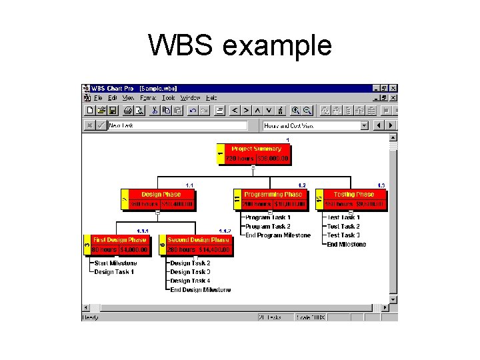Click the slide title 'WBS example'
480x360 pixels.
point(240,45)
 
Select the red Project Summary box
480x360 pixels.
point(257,154)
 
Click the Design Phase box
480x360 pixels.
point(161,199)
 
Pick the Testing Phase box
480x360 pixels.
point(353,199)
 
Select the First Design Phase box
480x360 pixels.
point(119,245)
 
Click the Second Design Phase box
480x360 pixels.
point(198,245)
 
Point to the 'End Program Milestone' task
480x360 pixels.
point(277,235)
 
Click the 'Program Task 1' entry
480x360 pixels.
point(267,217)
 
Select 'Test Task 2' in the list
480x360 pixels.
point(343,227)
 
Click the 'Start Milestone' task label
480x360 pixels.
point(115,263)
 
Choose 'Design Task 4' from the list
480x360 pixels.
point(190,281)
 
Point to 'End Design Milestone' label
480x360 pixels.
point(200,290)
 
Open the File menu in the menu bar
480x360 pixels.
point(98,98)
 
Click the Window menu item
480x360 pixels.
point(190,98)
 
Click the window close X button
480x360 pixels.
point(393,88)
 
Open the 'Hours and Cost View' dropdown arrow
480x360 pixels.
point(364,125)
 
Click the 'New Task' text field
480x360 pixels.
point(177,125)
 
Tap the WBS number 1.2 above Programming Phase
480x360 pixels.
point(302,185)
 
